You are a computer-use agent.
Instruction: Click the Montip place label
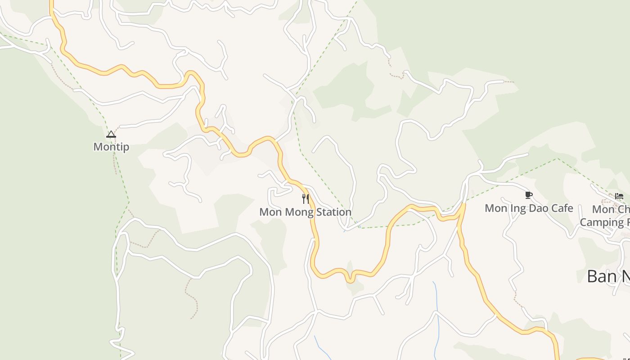click(111, 147)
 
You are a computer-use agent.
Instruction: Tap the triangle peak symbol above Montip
click(111, 134)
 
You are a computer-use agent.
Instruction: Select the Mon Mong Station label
click(305, 211)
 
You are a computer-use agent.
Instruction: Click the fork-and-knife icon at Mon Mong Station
click(306, 198)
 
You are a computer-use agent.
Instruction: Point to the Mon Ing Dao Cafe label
click(529, 208)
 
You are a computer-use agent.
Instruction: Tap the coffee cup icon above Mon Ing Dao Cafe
click(529, 195)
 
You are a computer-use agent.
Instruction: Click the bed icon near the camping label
click(619, 196)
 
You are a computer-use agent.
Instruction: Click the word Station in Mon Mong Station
click(333, 211)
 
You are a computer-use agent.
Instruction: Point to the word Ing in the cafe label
click(519, 208)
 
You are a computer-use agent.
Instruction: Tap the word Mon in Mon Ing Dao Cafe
click(495, 208)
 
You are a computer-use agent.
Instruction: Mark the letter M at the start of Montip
click(97, 147)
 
